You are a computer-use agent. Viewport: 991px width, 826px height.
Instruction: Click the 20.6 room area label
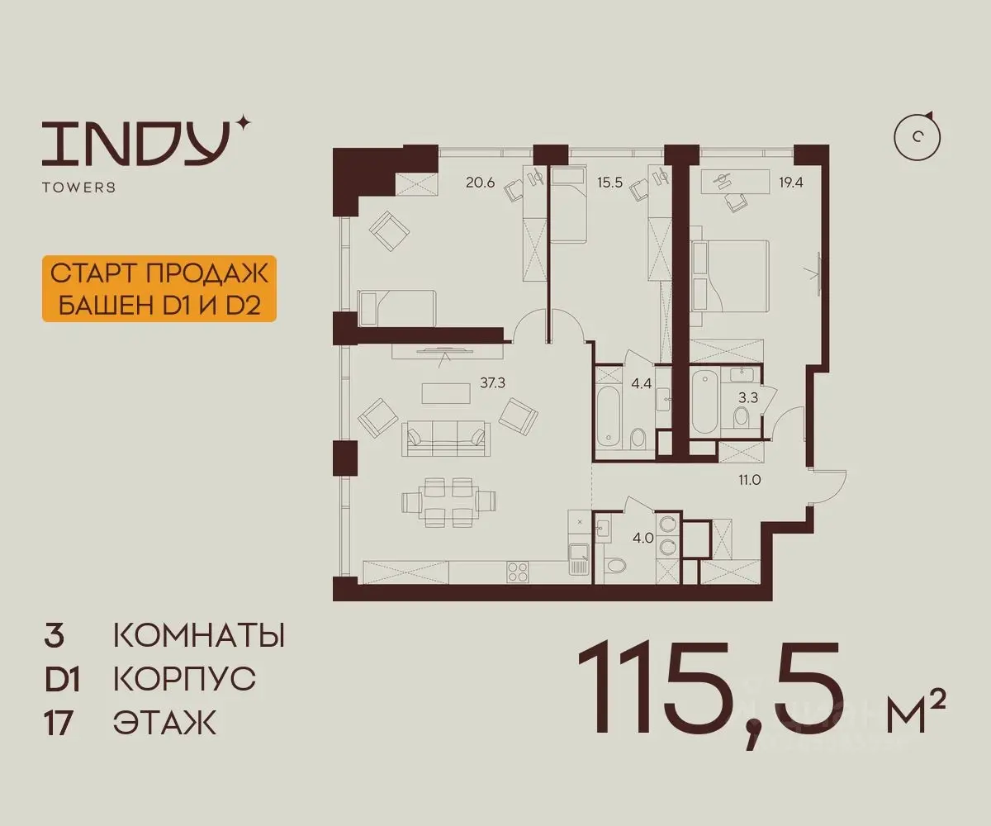point(481,183)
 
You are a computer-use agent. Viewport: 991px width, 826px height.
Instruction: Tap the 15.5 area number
point(610,183)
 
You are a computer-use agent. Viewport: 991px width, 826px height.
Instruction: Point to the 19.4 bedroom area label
point(790,183)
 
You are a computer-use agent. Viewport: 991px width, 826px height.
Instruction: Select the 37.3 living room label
point(492,382)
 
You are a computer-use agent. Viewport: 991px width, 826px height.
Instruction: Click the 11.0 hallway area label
point(749,480)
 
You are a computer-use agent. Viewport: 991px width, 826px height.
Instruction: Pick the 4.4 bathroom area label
point(641,383)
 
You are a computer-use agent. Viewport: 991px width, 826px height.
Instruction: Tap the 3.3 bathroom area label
point(748,398)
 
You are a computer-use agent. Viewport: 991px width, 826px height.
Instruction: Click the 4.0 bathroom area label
point(643,539)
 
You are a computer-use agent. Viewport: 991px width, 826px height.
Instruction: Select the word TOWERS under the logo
point(78,188)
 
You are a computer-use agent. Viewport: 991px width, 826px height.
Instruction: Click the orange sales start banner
point(159,288)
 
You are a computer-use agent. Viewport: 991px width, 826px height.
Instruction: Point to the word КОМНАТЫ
point(199,636)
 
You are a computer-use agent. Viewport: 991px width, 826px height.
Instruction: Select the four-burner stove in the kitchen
point(518,572)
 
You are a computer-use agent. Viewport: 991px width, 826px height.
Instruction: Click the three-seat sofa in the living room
point(446,438)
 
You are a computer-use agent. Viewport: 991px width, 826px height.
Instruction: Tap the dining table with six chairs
point(449,502)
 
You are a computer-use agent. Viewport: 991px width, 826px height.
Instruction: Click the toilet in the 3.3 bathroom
point(741,418)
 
